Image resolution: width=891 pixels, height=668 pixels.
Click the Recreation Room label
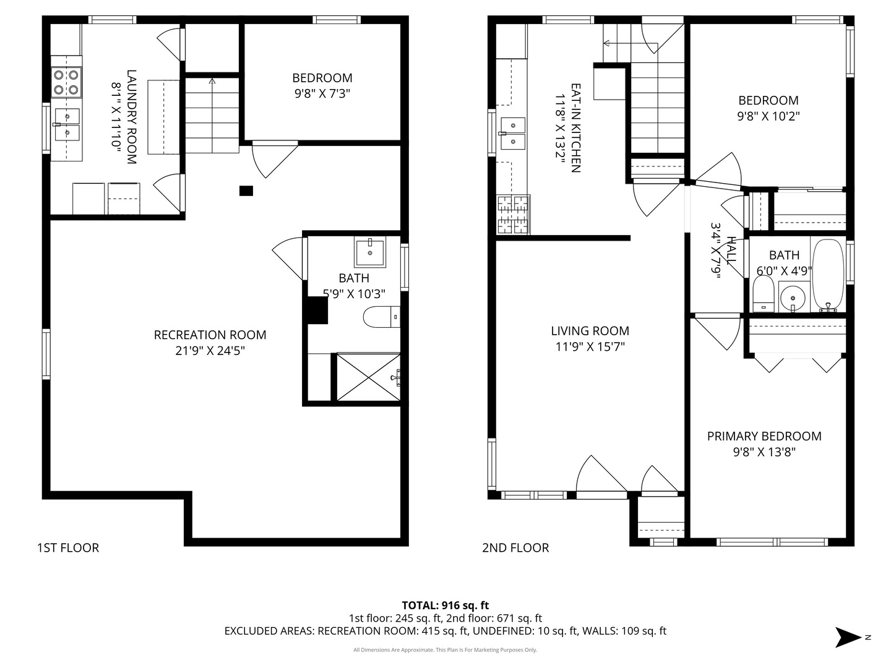[210, 335]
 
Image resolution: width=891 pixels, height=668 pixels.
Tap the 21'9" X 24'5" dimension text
[210, 351]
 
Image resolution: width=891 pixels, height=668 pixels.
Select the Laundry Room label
[131, 117]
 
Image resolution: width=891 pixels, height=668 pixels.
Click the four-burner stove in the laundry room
[66, 82]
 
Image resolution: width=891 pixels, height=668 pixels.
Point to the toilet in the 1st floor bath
[380, 317]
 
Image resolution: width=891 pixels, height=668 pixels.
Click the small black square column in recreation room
[246, 191]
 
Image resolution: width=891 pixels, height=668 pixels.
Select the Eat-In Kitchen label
[575, 128]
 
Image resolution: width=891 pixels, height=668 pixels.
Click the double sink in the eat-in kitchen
[512, 133]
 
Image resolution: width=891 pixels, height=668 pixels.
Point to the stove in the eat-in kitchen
[513, 214]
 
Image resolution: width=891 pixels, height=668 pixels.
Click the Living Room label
[590, 331]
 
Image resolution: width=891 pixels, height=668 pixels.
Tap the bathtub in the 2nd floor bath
[828, 275]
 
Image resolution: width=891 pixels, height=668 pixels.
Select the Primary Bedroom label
[764, 436]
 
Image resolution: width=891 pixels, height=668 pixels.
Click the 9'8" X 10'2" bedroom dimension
[768, 116]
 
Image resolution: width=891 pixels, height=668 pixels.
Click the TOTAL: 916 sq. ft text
[445, 605]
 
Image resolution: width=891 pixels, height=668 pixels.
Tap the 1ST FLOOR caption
[68, 547]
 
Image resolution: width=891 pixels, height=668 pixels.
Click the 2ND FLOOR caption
[515, 547]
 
